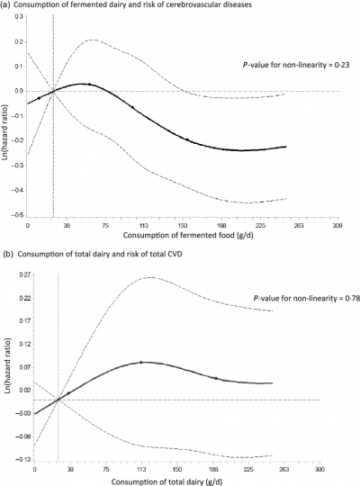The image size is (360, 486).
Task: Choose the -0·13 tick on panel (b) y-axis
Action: click(17, 460)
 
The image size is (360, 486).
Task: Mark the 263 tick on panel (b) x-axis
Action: click(284, 470)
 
